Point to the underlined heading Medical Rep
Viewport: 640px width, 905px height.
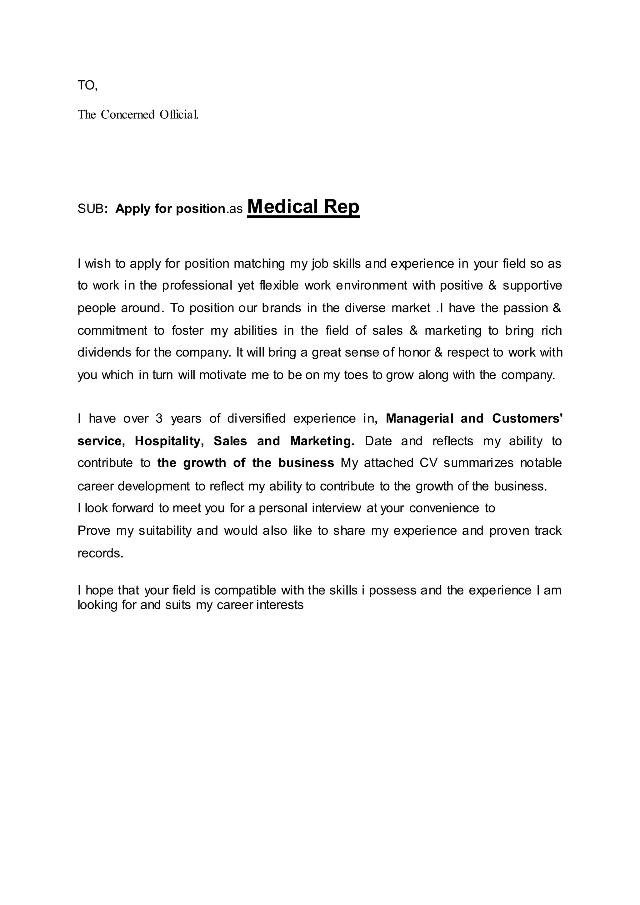click(303, 206)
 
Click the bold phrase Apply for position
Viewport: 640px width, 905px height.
click(170, 208)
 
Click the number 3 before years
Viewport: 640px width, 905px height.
click(159, 418)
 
